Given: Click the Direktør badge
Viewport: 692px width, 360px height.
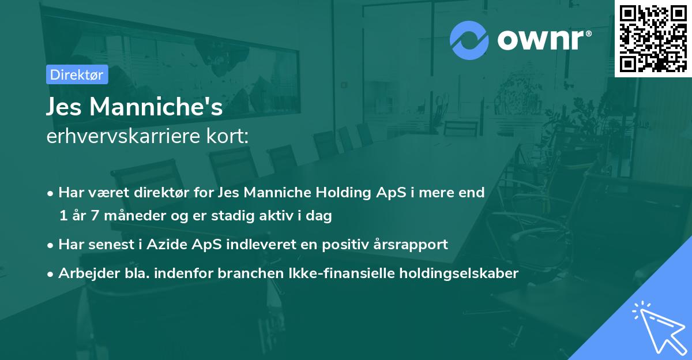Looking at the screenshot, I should [x=77, y=74].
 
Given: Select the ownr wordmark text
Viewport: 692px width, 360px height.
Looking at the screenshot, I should [x=543, y=40].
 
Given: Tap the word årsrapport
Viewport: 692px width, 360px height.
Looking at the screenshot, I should [x=412, y=244].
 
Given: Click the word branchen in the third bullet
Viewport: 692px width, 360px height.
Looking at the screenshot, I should [x=246, y=273].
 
